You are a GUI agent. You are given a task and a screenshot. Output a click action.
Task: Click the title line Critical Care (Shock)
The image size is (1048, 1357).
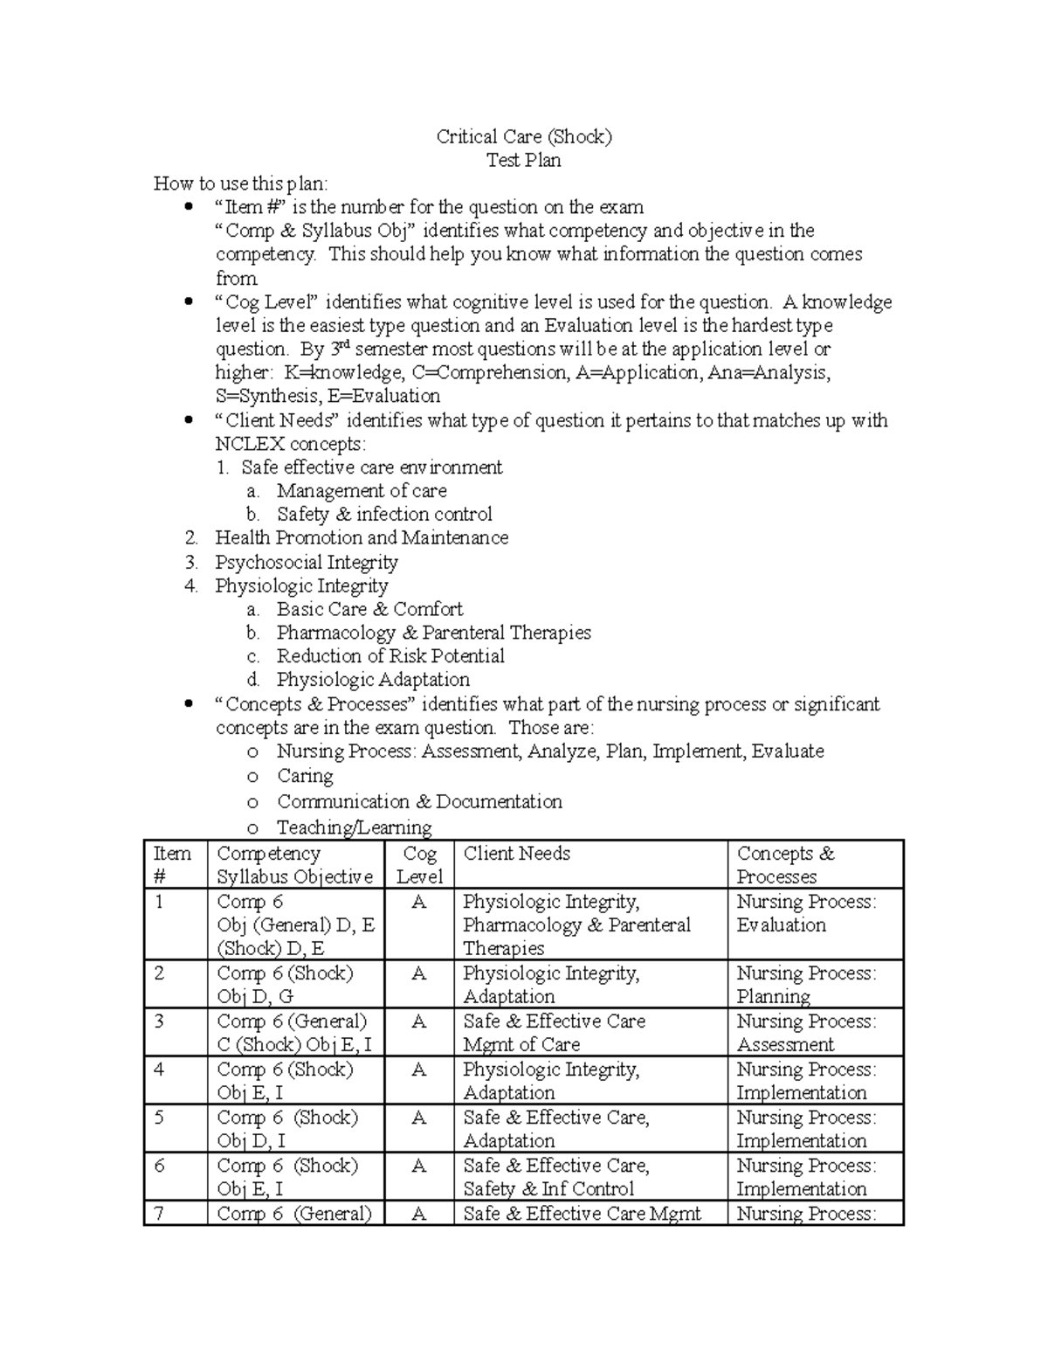(x=524, y=137)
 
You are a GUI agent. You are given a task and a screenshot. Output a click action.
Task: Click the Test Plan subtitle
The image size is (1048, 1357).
(x=524, y=161)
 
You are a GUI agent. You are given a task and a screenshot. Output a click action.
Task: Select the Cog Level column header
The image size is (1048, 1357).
(x=419, y=865)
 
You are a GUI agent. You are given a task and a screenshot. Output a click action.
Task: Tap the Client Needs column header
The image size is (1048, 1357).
(x=517, y=854)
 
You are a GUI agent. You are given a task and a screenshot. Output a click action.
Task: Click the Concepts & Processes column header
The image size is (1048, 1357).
(x=785, y=865)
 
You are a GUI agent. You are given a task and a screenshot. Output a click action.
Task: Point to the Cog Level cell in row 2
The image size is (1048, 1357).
(x=419, y=974)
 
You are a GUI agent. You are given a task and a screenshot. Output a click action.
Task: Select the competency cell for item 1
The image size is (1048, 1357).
(x=295, y=924)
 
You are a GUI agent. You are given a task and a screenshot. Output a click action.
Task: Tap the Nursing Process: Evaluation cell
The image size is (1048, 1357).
(x=805, y=913)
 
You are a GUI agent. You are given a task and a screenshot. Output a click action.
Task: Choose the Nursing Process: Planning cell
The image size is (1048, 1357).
(x=805, y=985)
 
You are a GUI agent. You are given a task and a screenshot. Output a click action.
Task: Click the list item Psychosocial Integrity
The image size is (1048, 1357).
(x=307, y=563)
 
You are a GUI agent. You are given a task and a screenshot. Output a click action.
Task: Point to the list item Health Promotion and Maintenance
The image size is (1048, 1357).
(x=362, y=538)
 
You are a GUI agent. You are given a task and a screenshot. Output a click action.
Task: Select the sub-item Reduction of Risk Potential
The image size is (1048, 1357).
(x=390, y=656)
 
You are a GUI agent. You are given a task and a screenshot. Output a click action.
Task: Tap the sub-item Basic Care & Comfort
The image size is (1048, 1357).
(x=369, y=610)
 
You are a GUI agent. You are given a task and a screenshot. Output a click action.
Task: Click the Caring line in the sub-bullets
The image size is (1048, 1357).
(x=305, y=776)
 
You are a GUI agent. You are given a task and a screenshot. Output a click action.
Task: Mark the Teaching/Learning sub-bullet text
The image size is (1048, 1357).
(x=354, y=827)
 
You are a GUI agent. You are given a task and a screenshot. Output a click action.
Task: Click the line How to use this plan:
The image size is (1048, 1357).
(x=241, y=183)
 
